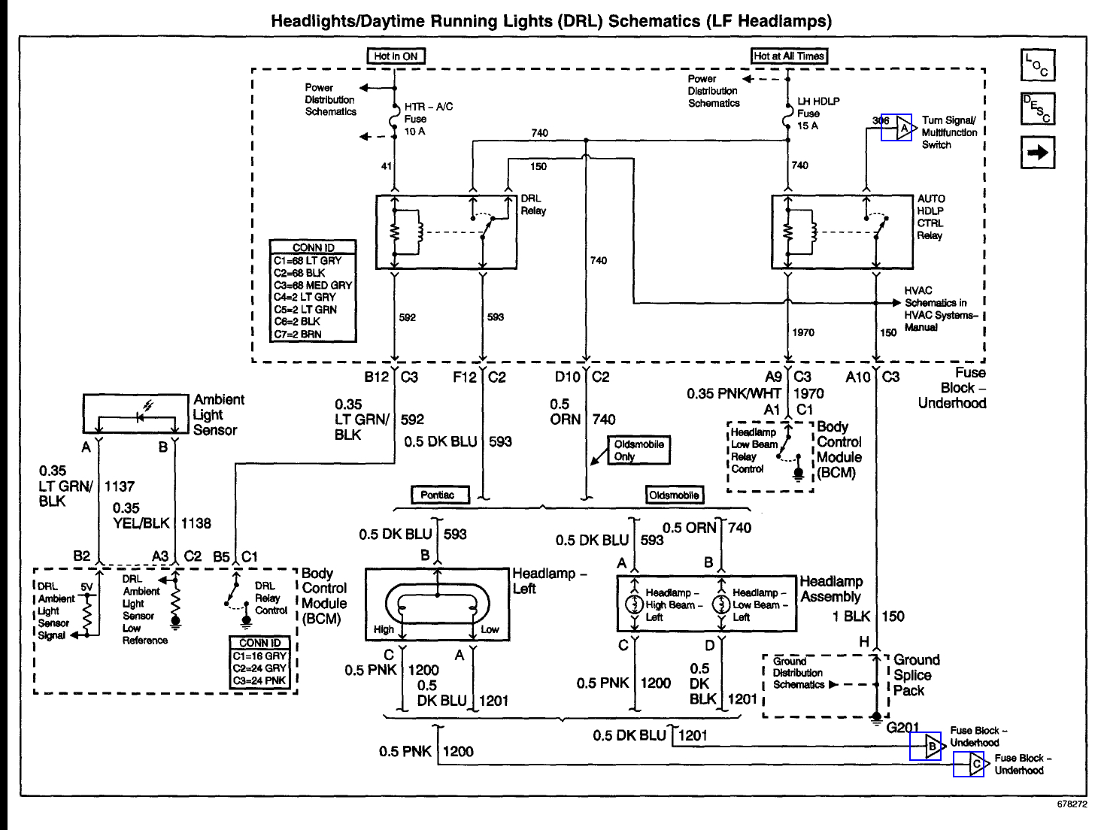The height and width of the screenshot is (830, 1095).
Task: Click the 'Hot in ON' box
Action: [x=396, y=56]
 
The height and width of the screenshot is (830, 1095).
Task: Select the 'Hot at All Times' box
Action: [x=789, y=56]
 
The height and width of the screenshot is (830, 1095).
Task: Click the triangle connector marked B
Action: [x=931, y=747]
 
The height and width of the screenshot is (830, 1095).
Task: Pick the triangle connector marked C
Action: [x=974, y=765]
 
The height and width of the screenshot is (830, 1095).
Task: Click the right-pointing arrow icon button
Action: [x=1038, y=153]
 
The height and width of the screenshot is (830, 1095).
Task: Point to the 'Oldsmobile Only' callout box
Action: [x=638, y=450]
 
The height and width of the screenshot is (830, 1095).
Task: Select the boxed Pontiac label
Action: [x=439, y=495]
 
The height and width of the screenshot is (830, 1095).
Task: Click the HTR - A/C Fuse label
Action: [x=428, y=119]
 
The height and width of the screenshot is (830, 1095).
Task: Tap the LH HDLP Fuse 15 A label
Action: [x=817, y=114]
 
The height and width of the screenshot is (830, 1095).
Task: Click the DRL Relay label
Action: [x=532, y=204]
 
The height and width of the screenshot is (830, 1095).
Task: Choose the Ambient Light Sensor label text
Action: [x=217, y=415]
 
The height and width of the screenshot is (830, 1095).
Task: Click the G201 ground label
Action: [x=902, y=727]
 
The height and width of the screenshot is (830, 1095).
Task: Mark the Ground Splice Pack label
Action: [x=916, y=675]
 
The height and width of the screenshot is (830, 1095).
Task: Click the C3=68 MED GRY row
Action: [x=312, y=286]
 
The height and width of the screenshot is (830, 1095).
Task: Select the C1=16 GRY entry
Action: [x=259, y=656]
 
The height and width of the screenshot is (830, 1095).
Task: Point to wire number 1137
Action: [x=120, y=486]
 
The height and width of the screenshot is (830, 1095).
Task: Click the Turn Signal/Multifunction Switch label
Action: [x=949, y=132]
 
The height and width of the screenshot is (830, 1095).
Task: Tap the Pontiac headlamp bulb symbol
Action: [x=438, y=604]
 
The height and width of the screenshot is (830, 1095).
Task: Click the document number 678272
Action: [x=1072, y=804]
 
